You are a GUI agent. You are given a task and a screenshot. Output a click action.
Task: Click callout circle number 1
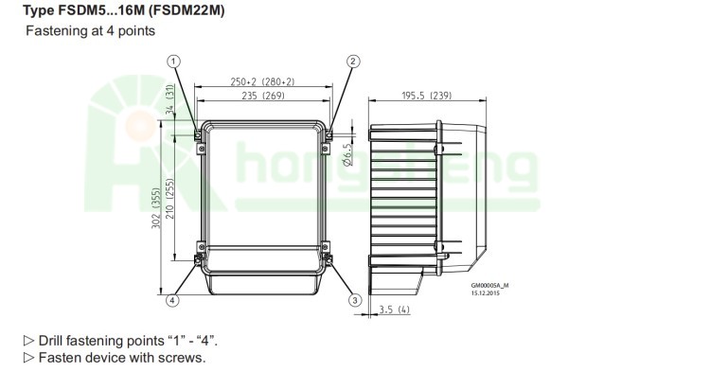coord(174,62)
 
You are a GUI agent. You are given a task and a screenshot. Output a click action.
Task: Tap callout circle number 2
coord(354,62)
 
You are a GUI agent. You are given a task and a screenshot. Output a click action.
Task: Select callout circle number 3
coord(355,300)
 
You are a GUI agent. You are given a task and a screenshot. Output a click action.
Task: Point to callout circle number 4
coord(172,300)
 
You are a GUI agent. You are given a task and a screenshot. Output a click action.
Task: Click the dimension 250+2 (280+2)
coord(262,81)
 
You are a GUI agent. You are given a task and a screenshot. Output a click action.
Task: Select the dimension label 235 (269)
coord(263,96)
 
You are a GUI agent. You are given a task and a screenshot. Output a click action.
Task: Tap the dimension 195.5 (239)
coord(427,96)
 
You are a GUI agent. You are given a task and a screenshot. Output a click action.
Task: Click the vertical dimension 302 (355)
coord(156,208)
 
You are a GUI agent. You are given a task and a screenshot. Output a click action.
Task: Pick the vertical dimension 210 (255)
coord(169,198)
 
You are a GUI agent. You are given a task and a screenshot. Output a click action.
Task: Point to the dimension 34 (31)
coord(169,99)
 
